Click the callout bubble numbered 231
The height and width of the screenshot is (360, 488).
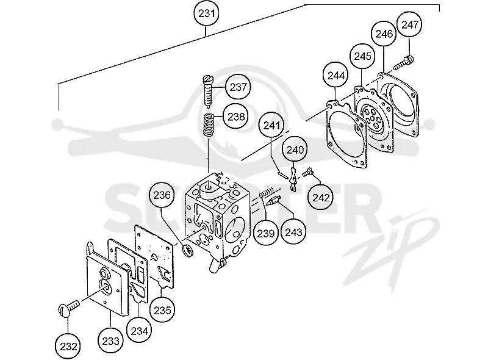206,13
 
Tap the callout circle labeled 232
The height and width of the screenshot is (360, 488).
68,346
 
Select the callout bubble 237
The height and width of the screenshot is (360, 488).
238,87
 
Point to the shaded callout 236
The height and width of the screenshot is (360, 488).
162,195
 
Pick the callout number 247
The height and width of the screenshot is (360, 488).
409,24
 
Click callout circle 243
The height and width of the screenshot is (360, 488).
293,232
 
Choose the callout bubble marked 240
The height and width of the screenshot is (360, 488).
295,149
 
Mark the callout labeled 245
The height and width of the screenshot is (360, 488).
362,56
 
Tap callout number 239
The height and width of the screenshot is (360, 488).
265,233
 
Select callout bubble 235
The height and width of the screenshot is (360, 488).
162,310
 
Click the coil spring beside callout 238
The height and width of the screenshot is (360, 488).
209,125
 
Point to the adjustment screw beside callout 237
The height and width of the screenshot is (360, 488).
207,91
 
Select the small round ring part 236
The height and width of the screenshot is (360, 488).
188,251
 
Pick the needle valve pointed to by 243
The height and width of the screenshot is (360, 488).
273,201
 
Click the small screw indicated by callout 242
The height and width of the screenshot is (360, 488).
307,172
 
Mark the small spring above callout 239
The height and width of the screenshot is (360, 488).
267,193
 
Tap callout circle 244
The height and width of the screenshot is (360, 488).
336,76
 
